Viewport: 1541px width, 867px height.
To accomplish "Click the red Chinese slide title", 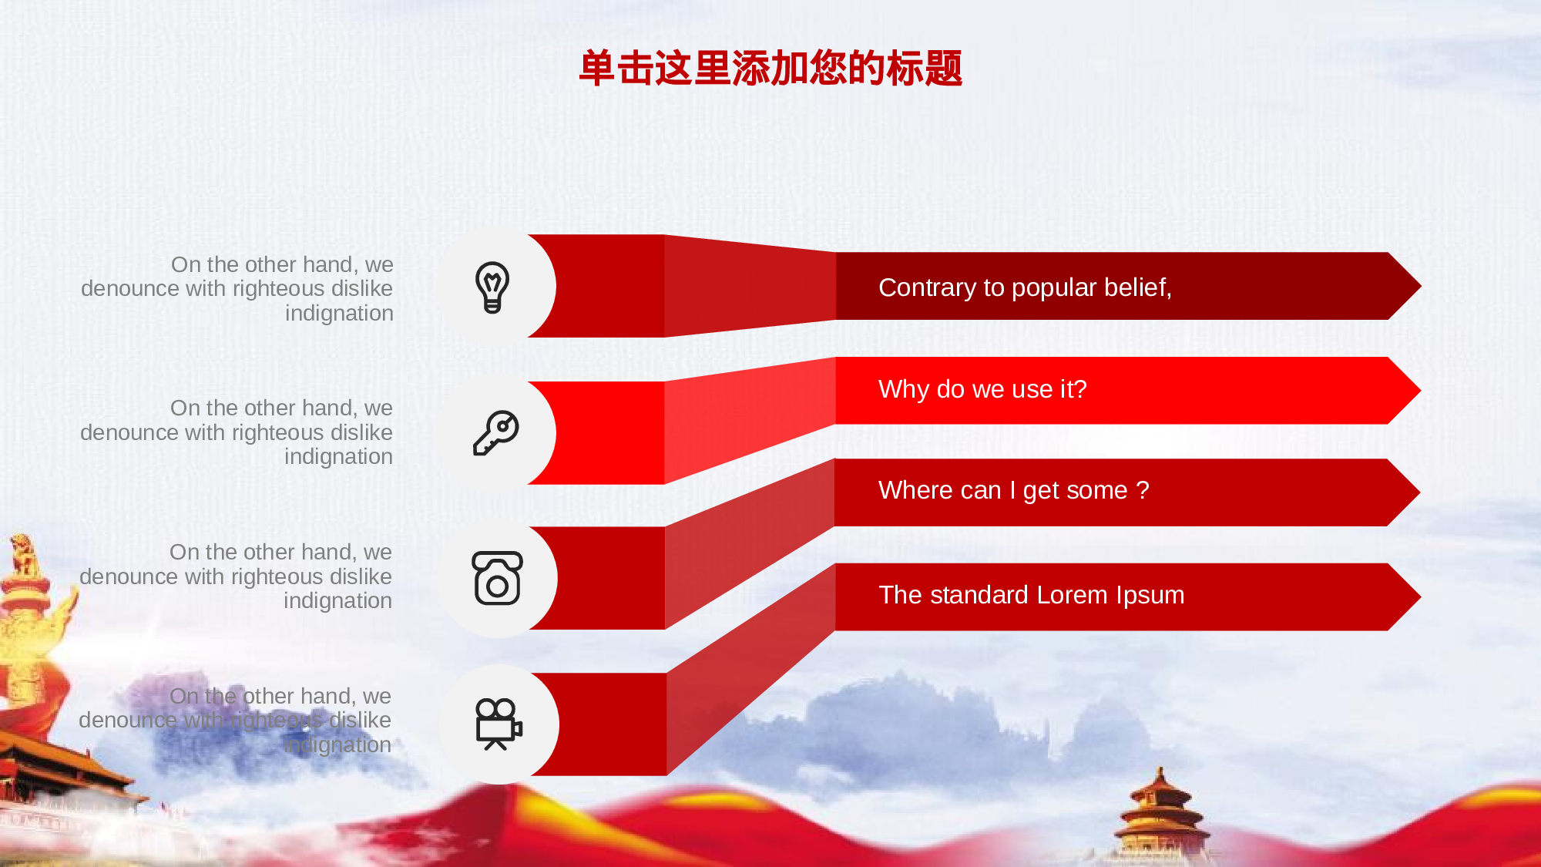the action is (x=770, y=68).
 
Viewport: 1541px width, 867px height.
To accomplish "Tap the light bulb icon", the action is (x=492, y=287).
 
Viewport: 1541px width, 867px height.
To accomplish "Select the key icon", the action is (x=495, y=432).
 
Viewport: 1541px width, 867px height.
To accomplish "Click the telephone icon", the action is (x=497, y=578).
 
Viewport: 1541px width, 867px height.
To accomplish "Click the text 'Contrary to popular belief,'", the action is (x=1025, y=287).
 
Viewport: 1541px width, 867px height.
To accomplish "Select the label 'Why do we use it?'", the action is (x=982, y=389).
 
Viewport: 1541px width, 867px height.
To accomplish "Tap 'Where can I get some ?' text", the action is (x=1013, y=490).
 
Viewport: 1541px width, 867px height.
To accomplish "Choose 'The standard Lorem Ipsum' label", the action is (x=1031, y=595).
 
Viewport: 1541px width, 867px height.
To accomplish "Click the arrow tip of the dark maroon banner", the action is (x=1421, y=286).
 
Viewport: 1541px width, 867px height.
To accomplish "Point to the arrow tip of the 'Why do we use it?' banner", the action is (x=1421, y=391).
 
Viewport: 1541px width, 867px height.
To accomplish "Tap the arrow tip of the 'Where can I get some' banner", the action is (x=1420, y=492).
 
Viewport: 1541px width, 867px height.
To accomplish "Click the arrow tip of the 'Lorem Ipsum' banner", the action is (x=1421, y=597).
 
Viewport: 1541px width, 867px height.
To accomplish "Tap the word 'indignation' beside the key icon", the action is (x=338, y=456).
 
